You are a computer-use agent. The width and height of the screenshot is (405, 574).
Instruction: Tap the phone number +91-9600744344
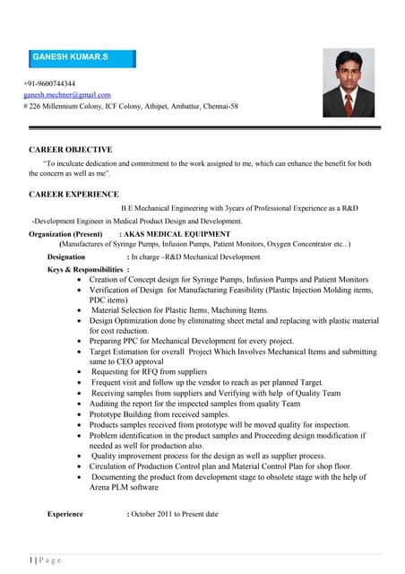pyautogui.click(x=49, y=83)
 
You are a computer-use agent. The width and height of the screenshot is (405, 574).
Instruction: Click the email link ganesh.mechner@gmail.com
pyautogui.click(x=67, y=94)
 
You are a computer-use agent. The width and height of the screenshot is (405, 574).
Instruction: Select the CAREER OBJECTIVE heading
pyautogui.click(x=71, y=149)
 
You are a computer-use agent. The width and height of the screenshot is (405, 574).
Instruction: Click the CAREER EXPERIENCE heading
pyautogui.click(x=73, y=194)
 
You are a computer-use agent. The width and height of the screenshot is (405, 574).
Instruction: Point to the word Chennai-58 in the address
pyautogui.click(x=220, y=106)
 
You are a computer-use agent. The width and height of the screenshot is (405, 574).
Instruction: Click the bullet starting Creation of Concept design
pyautogui.click(x=228, y=279)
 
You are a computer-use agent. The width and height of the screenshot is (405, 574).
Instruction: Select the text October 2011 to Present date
pyautogui.click(x=174, y=514)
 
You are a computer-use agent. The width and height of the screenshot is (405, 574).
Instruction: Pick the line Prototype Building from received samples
pyautogui.click(x=159, y=414)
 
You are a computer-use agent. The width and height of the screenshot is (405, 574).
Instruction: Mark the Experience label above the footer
pyautogui.click(x=65, y=514)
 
